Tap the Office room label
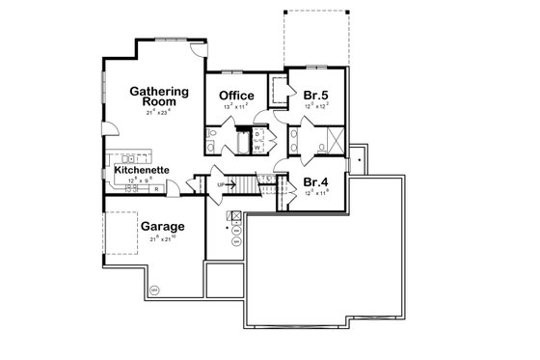click(236, 95)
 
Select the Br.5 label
click(315, 96)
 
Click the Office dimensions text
click(236, 108)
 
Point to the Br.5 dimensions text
click(315, 108)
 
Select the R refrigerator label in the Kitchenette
click(156, 190)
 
